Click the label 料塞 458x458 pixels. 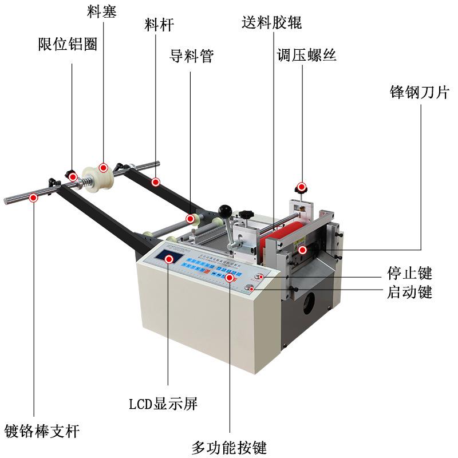point(102,11)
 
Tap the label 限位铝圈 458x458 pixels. point(67,45)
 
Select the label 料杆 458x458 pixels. point(158,25)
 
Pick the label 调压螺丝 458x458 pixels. point(306,56)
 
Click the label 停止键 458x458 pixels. point(409,273)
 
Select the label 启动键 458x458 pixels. point(409,293)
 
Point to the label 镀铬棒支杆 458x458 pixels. point(42,431)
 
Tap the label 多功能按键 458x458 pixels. point(229,447)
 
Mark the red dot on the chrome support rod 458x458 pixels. point(34,198)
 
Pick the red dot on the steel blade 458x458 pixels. point(302,250)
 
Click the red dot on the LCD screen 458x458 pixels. point(169,259)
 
